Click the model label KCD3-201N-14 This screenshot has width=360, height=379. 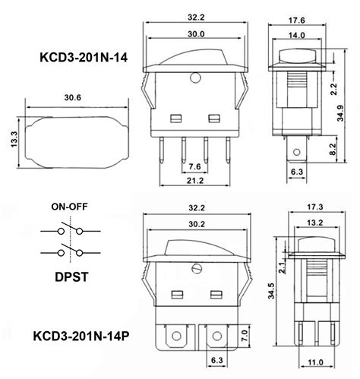click(84, 58)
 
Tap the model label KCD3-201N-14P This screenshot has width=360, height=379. click(81, 336)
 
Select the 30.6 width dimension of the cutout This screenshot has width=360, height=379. click(73, 97)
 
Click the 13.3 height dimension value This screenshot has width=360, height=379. click(14, 140)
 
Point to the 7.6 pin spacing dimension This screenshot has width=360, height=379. click(194, 166)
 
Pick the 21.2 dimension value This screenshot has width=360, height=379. click(195, 181)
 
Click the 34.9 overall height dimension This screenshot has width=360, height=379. click(340, 113)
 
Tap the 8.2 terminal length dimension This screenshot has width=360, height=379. click(333, 149)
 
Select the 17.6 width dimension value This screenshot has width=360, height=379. click(297, 21)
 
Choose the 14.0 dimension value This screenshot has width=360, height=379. click(297, 35)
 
